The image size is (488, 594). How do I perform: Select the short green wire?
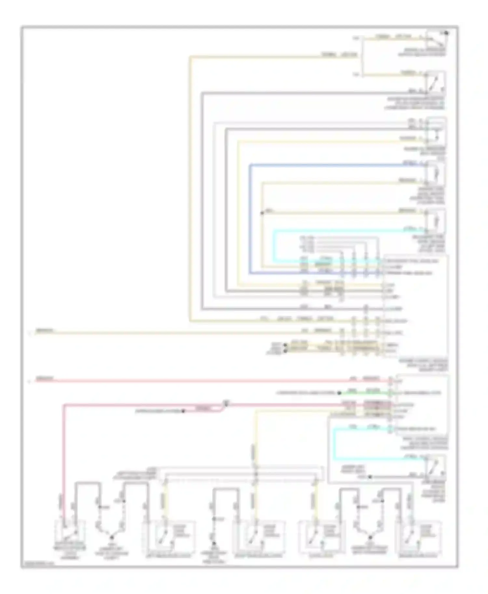364,393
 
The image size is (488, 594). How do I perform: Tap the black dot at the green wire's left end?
339,393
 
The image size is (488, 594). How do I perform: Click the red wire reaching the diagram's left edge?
195,380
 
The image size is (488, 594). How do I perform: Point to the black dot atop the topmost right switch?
446,32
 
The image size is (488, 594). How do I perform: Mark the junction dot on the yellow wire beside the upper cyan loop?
262,213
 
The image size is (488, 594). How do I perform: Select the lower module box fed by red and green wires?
422,405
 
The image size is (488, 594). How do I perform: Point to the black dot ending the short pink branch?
183,411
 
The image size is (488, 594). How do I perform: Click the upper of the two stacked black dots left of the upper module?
286,345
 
